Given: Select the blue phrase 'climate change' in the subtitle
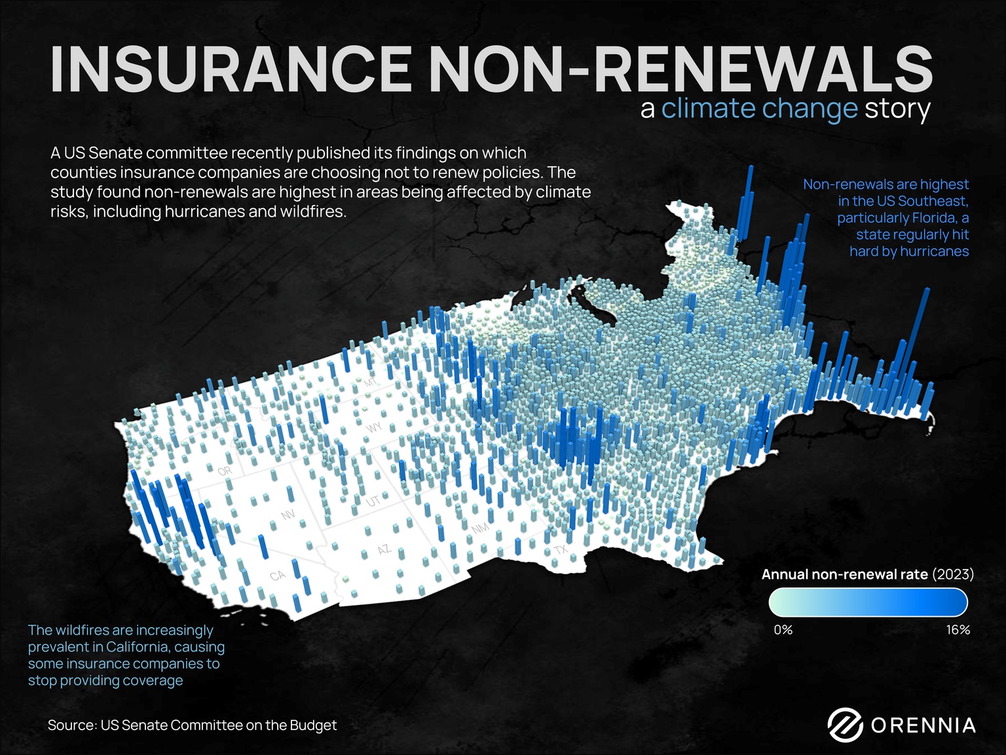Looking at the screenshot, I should (759, 109).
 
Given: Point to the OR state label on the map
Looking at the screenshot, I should (225, 471).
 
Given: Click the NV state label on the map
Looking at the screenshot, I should (288, 515).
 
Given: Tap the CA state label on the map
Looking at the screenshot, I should (278, 575).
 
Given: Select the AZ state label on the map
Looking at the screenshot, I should (384, 549).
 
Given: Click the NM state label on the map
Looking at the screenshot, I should (480, 528).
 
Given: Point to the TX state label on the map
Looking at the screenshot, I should (561, 549).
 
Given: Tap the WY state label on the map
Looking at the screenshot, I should (374, 428).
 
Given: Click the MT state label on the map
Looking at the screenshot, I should (371, 382).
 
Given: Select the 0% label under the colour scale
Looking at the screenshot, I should (783, 629).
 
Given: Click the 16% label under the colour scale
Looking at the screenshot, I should (958, 629).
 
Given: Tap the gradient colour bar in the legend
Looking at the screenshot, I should (868, 602).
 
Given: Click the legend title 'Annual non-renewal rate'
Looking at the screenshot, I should (844, 574).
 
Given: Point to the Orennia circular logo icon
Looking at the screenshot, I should (844, 725).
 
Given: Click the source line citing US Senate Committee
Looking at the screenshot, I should (192, 725).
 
